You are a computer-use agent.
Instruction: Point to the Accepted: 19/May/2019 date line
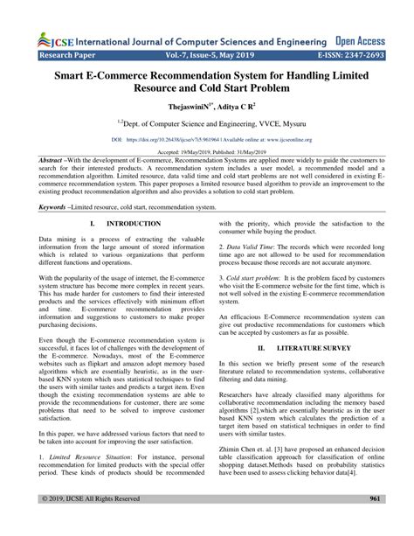pyautogui.click(x=207, y=152)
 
